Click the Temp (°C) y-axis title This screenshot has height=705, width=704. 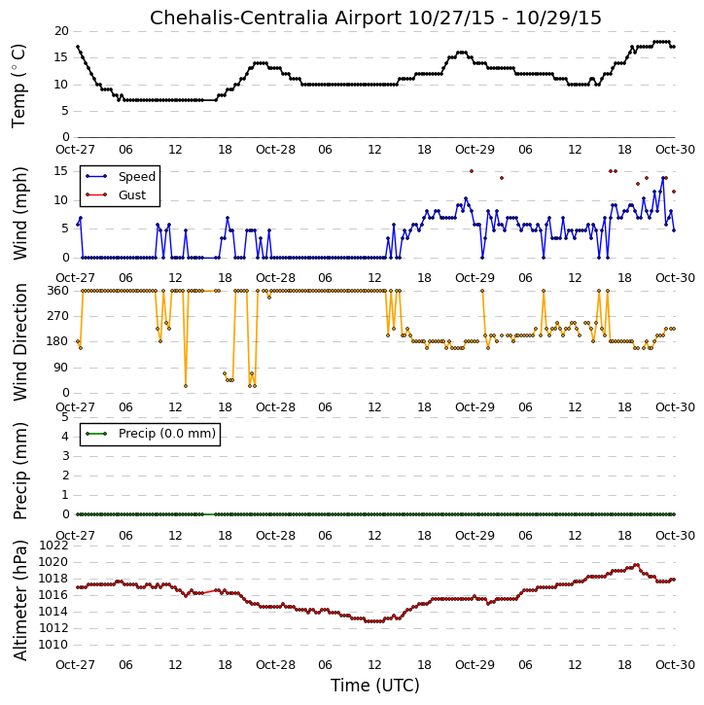click(x=18, y=86)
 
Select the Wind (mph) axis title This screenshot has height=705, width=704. click(x=19, y=213)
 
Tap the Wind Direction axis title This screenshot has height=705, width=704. click(x=19, y=341)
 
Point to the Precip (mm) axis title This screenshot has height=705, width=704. click(x=19, y=471)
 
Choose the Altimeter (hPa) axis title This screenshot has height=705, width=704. click(x=19, y=600)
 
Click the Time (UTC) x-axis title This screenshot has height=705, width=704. click(x=375, y=686)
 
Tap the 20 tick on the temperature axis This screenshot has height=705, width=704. click(x=61, y=31)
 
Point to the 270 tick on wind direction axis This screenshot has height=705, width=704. click(x=58, y=316)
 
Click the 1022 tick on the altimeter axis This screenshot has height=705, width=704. click(x=53, y=546)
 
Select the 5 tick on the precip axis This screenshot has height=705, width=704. click(x=65, y=417)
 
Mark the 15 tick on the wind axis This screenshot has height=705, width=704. click(x=61, y=171)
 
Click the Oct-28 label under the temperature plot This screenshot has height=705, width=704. click(x=275, y=150)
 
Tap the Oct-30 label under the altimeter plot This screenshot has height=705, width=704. click(x=675, y=664)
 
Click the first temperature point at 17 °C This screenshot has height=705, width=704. click(x=78, y=47)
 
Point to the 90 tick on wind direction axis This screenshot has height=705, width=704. click(x=61, y=368)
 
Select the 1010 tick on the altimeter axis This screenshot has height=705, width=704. click(x=53, y=645)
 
